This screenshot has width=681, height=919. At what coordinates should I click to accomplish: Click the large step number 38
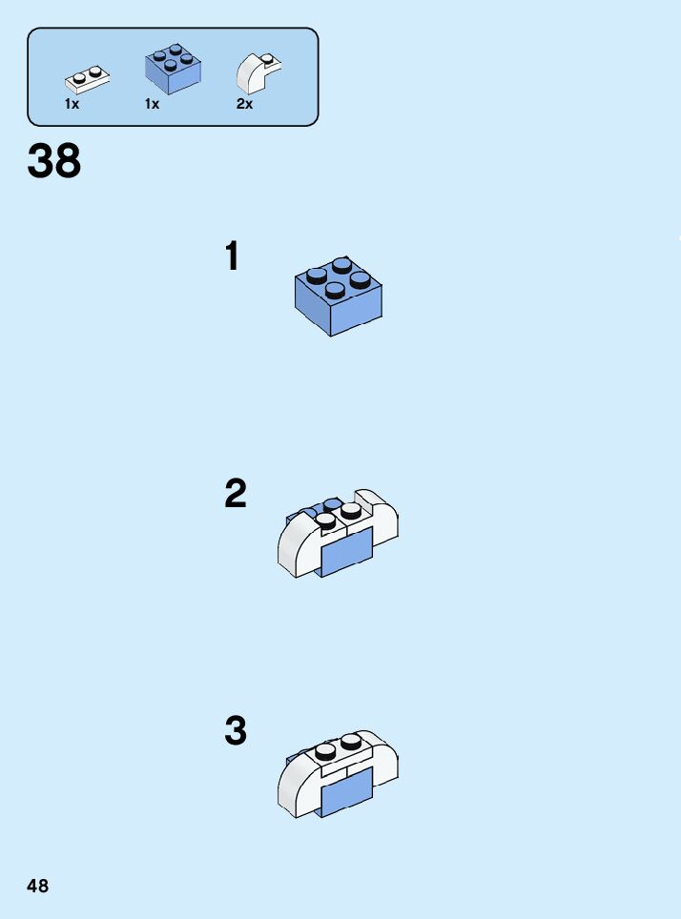[54, 162]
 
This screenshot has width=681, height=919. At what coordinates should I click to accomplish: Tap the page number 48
[38, 886]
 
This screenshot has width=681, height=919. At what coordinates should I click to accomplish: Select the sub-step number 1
[232, 256]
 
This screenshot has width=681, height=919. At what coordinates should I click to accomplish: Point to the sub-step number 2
[235, 494]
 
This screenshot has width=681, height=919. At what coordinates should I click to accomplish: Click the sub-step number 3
[235, 731]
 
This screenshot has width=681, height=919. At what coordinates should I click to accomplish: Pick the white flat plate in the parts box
[87, 77]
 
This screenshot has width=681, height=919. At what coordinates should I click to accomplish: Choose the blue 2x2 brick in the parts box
[173, 70]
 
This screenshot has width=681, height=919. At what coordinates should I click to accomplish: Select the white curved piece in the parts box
[257, 71]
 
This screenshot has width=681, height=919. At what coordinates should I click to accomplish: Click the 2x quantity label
[244, 104]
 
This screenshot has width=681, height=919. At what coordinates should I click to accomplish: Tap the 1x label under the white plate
[72, 104]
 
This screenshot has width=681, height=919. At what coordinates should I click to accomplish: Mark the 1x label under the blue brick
[152, 104]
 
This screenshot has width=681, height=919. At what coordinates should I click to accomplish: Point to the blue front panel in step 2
[345, 553]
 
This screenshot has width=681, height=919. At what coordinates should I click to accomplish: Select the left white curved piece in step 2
[297, 548]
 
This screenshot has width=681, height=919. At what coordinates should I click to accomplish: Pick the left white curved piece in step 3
[297, 786]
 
